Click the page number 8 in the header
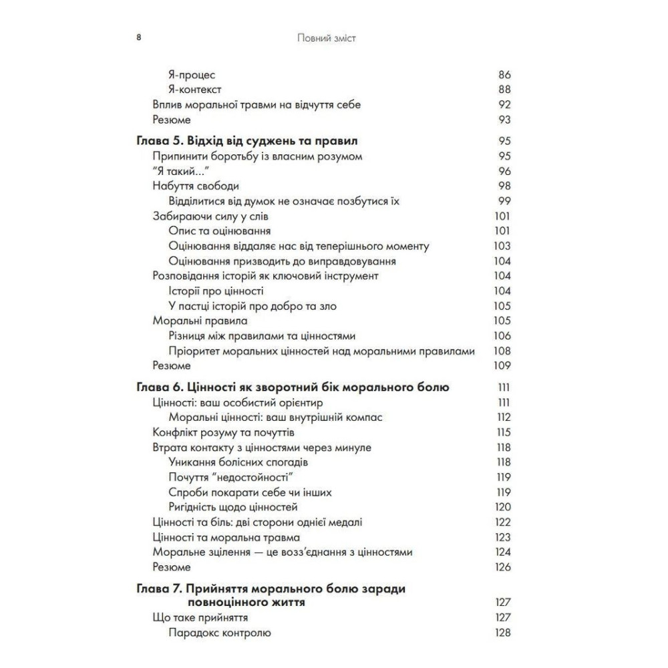tap(138, 38)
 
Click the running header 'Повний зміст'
tap(327, 38)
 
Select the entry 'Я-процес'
tap(192, 75)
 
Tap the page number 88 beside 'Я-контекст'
tap(504, 90)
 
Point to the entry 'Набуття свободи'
tap(196, 186)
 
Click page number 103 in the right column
tap(502, 246)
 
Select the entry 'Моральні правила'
tap(191, 321)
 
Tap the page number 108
tap(502, 351)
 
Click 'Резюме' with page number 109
tap(172, 365)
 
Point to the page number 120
tap(502, 507)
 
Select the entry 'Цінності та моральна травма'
tap(226, 537)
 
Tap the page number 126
tap(502, 567)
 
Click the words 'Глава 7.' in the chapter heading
tap(159, 589)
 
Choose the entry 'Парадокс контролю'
tap(219, 633)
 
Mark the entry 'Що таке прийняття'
tap(201, 618)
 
